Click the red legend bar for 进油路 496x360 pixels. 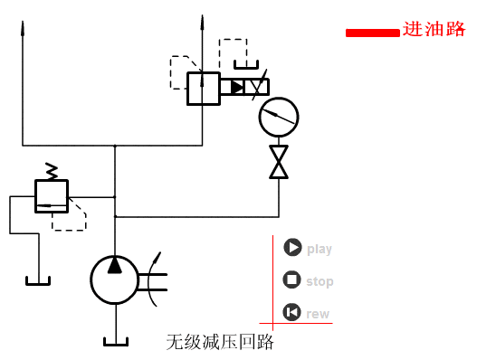point(372,33)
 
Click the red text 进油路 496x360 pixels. point(434,29)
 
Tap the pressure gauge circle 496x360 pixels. point(278,117)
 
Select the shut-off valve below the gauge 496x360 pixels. point(279,162)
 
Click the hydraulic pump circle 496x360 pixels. point(115,278)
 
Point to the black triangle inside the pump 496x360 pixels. point(115,265)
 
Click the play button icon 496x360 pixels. point(291,248)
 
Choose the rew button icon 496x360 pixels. point(291,313)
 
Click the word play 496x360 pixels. point(320,249)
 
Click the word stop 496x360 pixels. point(320,281)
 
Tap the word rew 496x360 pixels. point(318,314)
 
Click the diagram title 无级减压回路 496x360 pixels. point(219,342)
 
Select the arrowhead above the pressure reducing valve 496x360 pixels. point(202,21)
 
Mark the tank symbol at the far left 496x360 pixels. point(39,279)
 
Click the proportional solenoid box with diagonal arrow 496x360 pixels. point(258,87)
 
